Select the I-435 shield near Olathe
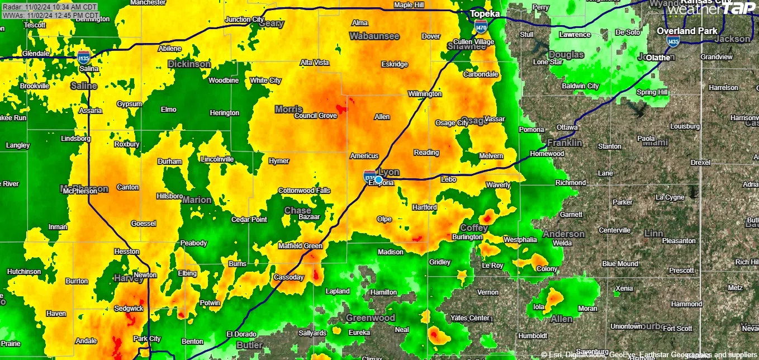[673, 41]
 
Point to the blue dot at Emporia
[378, 179]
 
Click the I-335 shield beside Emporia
[369, 177]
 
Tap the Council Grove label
[315, 116]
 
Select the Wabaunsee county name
[374, 36]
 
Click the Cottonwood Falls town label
[305, 191]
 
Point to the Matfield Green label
[301, 246]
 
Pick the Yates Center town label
[470, 318]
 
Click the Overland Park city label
[687, 31]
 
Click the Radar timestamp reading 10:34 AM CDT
[50, 7]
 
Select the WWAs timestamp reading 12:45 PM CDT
[50, 15]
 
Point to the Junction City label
[244, 20]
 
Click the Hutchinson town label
[24, 272]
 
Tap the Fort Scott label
[677, 329]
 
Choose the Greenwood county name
[371, 318]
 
